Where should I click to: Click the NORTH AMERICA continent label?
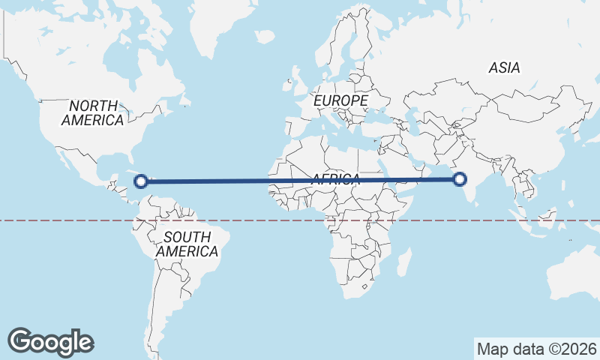(93, 112)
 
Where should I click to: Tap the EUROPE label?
(340, 100)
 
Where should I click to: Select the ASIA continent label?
(504, 67)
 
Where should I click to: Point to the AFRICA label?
(335, 179)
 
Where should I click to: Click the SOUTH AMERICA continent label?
(187, 244)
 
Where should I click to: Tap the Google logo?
(50, 342)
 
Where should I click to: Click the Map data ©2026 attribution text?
(536, 349)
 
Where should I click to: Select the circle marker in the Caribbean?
(140, 180)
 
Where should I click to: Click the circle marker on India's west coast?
(460, 178)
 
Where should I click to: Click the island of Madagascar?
(403, 262)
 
